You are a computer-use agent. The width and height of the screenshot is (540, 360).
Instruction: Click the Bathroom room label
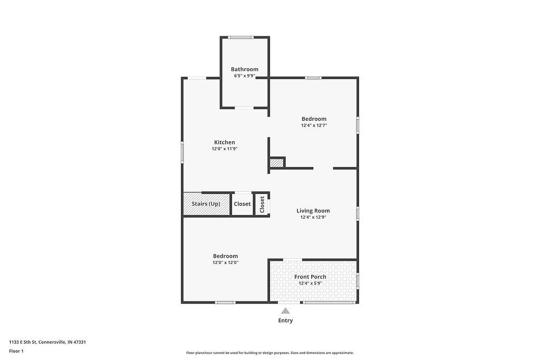(x=245, y=69)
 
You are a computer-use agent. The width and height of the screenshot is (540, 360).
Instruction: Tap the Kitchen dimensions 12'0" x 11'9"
(x=225, y=149)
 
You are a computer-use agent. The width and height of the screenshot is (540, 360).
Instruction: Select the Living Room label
(x=313, y=211)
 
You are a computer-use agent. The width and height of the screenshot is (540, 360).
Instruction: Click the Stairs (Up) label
(x=206, y=204)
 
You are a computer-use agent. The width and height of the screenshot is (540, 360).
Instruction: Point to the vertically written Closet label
(x=262, y=205)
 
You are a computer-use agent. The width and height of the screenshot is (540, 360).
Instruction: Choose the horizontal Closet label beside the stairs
(x=242, y=204)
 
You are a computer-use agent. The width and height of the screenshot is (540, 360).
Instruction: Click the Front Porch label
(x=310, y=277)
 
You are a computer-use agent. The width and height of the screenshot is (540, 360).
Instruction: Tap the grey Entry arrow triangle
(x=285, y=311)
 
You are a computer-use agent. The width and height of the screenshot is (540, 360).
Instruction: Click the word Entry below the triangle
(x=285, y=320)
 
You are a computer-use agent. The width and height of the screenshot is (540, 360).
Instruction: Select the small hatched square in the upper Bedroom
(x=276, y=163)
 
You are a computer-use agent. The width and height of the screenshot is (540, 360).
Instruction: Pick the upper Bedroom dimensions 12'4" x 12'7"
(x=314, y=125)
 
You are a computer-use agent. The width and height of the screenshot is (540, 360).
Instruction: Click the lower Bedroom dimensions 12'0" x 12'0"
(x=226, y=262)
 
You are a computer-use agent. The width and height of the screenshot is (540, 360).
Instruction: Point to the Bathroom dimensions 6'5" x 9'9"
(x=245, y=76)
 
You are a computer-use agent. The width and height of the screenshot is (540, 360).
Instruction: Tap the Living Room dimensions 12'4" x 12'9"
(x=313, y=217)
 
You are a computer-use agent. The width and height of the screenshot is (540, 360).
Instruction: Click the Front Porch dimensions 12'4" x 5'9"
(x=310, y=283)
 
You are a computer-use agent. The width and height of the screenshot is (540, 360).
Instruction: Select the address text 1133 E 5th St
(x=23, y=342)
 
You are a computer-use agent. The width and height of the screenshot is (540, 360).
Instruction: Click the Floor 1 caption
(x=16, y=351)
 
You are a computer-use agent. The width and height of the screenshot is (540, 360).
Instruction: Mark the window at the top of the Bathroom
(x=241, y=37)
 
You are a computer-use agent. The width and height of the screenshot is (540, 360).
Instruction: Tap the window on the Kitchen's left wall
(x=182, y=152)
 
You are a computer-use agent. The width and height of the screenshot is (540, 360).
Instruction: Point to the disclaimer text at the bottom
(x=270, y=353)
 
